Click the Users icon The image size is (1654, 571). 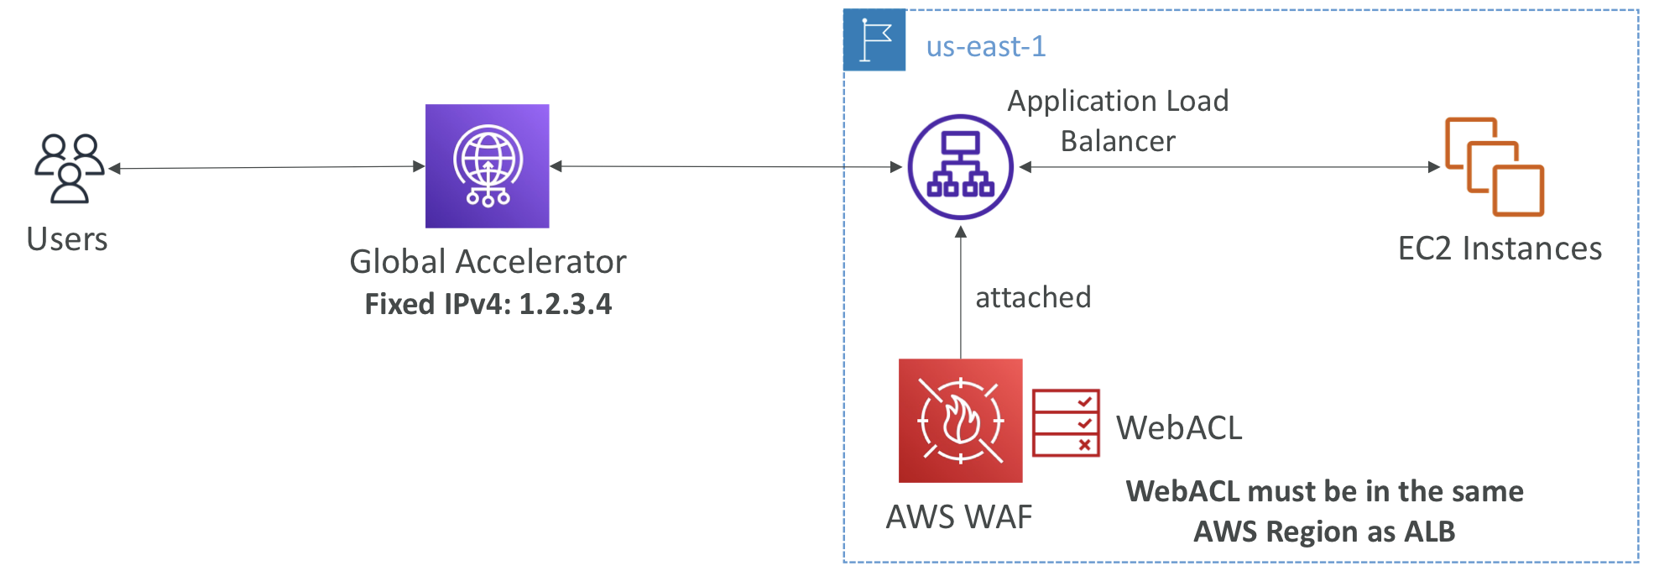pos(70,168)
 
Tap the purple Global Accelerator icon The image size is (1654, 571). pos(487,166)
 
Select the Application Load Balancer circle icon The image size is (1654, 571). pos(961,167)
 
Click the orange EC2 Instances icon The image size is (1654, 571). pos(1495,166)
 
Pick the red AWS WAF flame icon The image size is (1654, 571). pos(961,421)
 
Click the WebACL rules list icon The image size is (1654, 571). pos(1066,422)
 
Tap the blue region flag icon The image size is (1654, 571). pos(874,39)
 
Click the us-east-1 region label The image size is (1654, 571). pos(986,46)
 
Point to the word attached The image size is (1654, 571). pos(1033,297)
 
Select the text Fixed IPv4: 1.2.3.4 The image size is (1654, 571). pos(488,304)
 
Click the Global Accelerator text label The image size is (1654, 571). pos(488,262)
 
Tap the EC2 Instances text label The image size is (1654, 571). pos(1500,249)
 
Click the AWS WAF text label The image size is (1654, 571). pos(959,517)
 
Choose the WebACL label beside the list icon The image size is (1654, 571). pos(1179,428)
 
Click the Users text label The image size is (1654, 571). pos(67,239)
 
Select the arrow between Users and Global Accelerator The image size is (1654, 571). pos(267,168)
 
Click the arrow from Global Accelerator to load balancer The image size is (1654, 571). pos(726,167)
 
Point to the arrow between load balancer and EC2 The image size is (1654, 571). pos(1229,167)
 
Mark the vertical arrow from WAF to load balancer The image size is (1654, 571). pos(961,292)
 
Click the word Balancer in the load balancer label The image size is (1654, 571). pos(1118,141)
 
